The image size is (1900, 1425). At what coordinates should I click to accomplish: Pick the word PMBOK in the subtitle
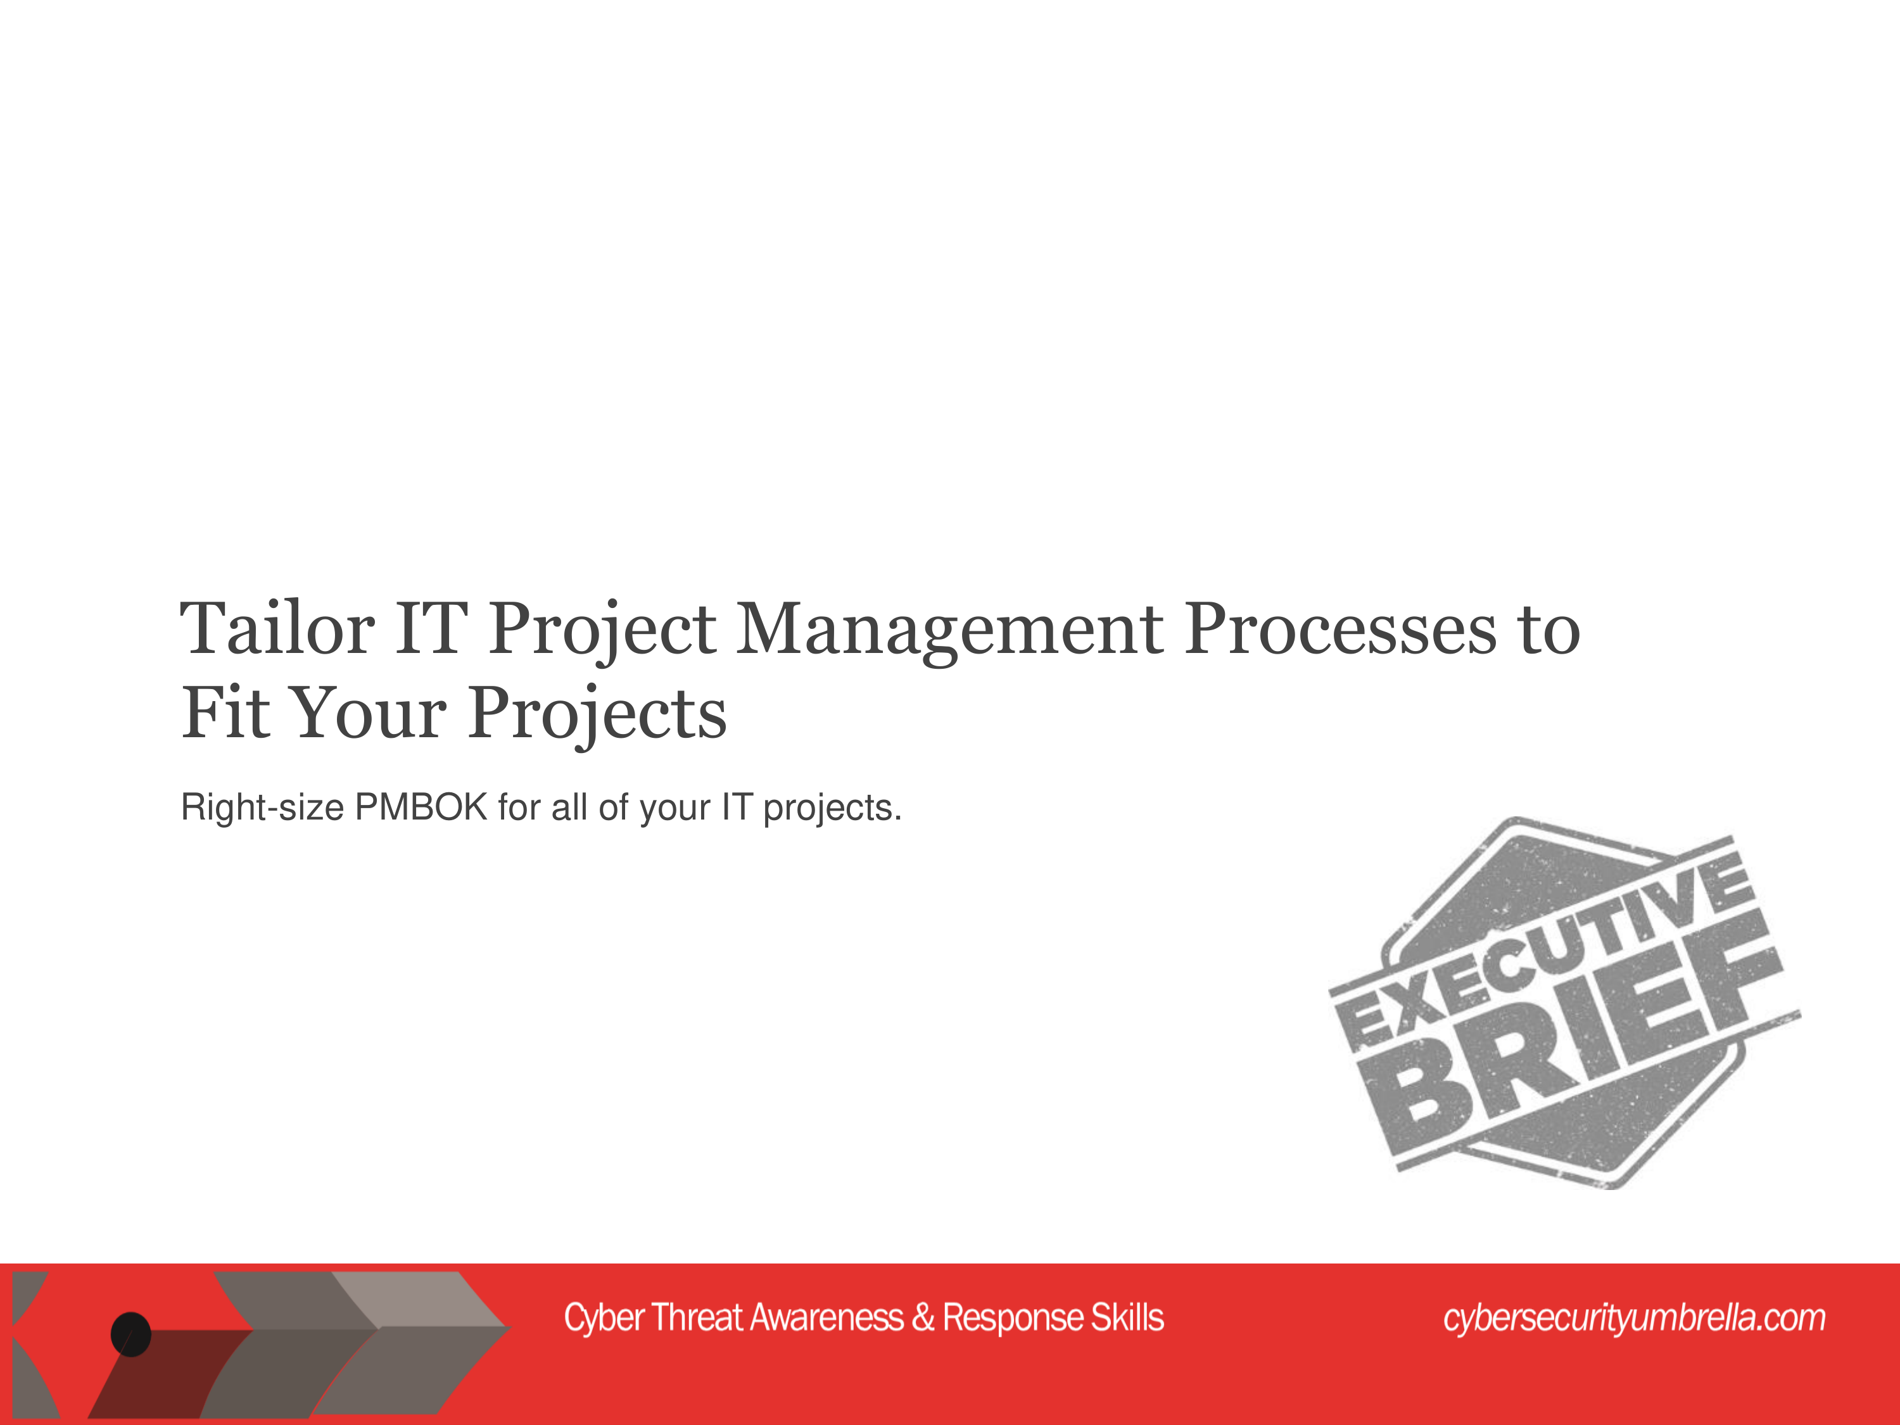click(421, 807)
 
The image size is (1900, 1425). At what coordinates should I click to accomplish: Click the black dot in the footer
click(130, 1334)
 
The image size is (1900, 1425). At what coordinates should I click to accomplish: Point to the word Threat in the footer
click(697, 1317)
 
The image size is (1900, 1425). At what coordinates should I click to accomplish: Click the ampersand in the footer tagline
click(923, 1317)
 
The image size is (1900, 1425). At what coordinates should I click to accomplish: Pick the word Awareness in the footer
click(827, 1317)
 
